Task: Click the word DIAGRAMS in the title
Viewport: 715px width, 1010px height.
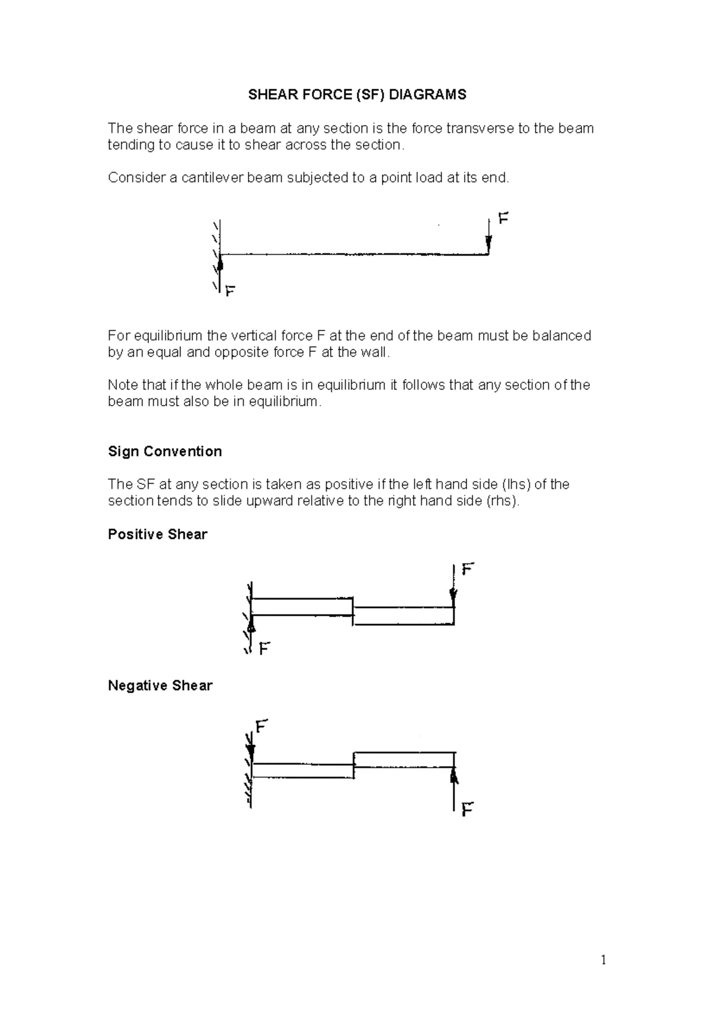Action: pos(432,95)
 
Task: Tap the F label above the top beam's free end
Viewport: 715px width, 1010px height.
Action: pos(503,219)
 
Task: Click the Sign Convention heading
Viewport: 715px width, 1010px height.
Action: pos(164,451)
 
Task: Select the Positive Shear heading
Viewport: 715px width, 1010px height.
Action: pos(157,534)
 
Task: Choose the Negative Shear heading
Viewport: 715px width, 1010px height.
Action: pos(160,685)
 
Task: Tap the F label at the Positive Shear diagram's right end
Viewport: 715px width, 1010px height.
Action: pos(468,569)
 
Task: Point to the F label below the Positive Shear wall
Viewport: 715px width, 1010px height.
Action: pos(265,648)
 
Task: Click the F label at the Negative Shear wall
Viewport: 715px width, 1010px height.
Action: pos(262,727)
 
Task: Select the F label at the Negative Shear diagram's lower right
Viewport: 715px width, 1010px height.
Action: pos(468,809)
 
